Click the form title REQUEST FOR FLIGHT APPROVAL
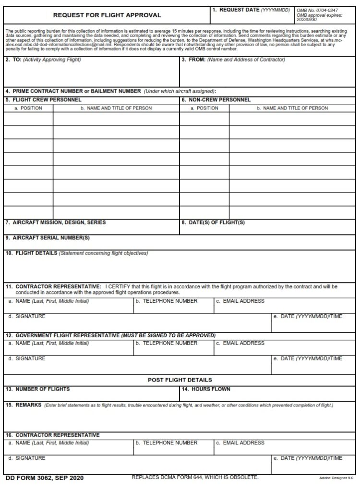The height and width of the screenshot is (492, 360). (107, 15)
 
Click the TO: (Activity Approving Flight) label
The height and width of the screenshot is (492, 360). (43, 60)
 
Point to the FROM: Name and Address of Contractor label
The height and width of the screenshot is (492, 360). (233, 60)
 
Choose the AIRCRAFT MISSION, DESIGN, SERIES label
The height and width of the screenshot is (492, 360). (56, 222)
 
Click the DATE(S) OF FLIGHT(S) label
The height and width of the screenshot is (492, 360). (213, 222)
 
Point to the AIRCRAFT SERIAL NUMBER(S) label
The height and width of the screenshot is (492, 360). (48, 237)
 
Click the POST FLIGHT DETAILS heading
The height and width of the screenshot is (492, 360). (180, 380)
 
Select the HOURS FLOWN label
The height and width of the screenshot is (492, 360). (207, 389)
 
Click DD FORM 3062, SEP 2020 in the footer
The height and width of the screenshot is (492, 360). (45, 478)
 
